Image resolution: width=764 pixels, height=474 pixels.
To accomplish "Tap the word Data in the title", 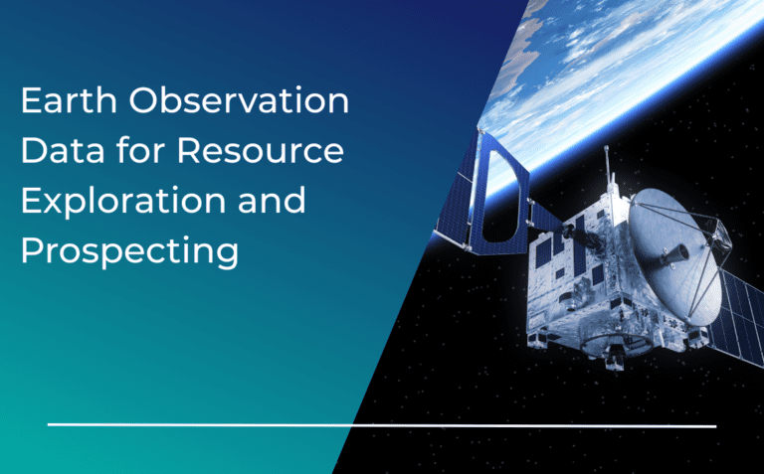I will pyautogui.click(x=61, y=152).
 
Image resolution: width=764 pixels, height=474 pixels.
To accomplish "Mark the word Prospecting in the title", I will pyautogui.click(x=129, y=252).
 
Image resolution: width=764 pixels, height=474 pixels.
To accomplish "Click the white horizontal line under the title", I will pyautogui.click(x=382, y=425).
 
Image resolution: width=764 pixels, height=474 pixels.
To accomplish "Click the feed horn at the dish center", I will pyautogui.click(x=676, y=255).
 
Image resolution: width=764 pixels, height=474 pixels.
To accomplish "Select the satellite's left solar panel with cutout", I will pyautogui.click(x=477, y=199).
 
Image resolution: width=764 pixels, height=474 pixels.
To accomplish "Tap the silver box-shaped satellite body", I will pyautogui.click(x=577, y=288).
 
